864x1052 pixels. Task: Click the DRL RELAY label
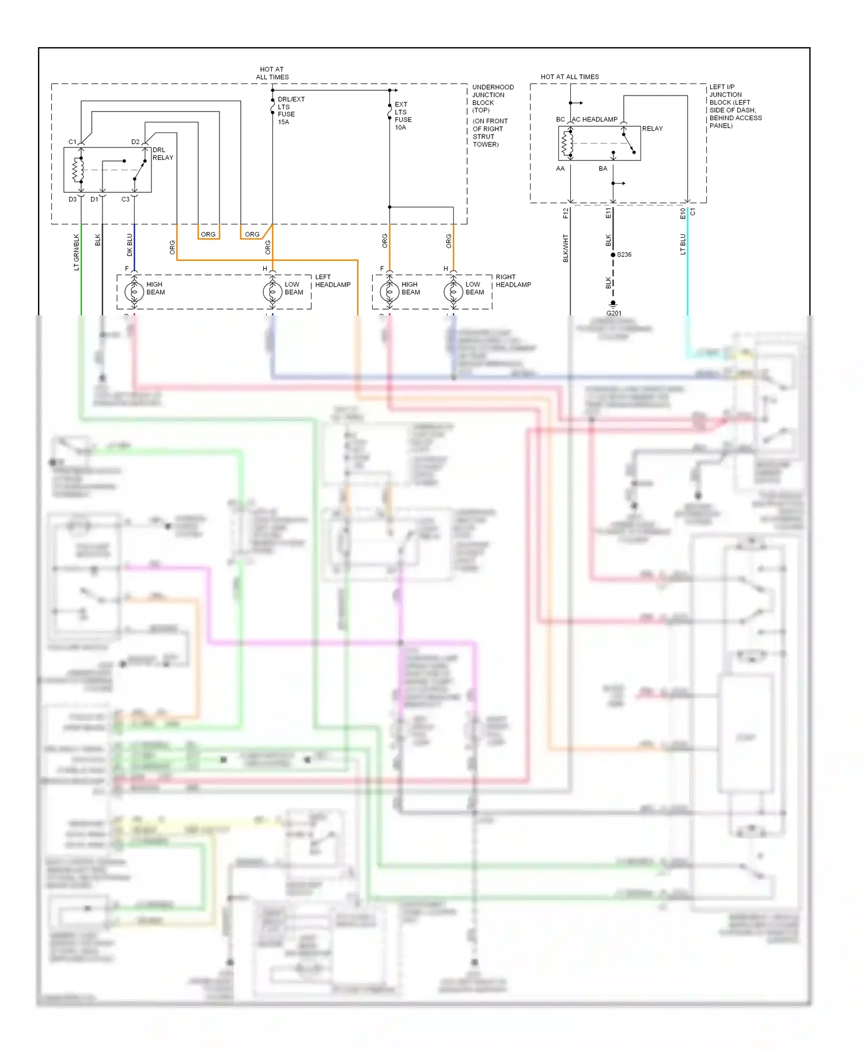tap(162, 154)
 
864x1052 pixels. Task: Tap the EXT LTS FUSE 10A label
tap(403, 116)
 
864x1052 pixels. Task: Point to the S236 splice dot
tap(613, 254)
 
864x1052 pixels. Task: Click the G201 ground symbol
tap(613, 304)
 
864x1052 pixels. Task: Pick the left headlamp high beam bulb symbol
tap(134, 292)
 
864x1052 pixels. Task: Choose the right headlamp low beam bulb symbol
tap(453, 292)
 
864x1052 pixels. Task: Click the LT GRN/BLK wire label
tap(77, 252)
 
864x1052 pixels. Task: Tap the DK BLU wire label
tap(130, 245)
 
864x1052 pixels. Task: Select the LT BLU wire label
tap(683, 244)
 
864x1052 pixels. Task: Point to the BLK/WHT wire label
tap(566, 248)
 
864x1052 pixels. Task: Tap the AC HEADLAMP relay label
tap(594, 120)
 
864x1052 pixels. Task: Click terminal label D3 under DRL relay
tap(73, 200)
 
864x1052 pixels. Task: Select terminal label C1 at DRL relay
tap(72, 142)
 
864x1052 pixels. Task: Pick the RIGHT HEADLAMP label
tap(513, 281)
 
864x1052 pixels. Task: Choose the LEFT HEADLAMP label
tap(332, 281)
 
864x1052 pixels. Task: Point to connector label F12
tap(566, 214)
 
